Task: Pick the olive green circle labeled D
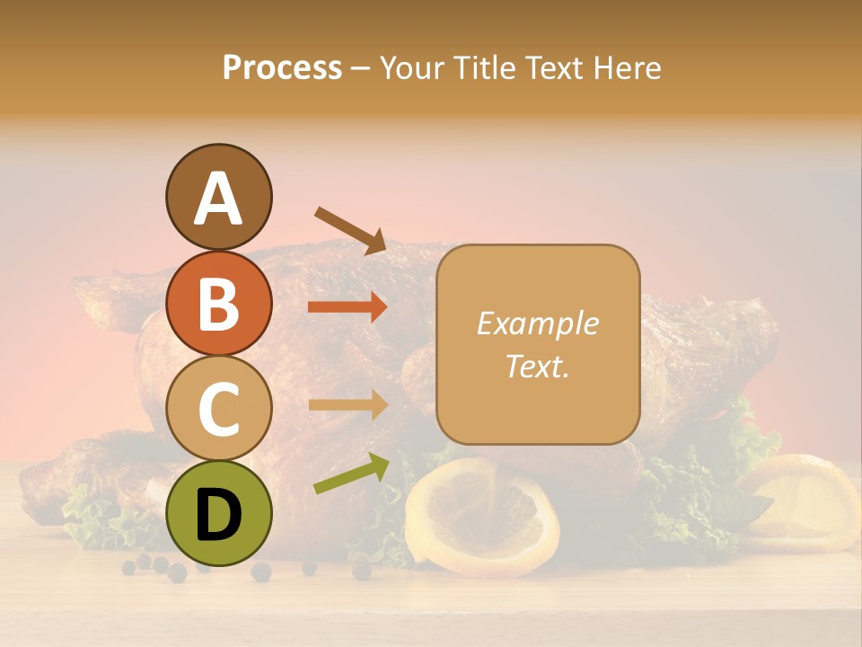[x=218, y=514]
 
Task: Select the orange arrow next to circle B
[x=347, y=307]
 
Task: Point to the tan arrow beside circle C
[x=347, y=405]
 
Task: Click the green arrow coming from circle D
[x=351, y=474]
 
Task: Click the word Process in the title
[x=282, y=67]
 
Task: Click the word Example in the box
[x=537, y=323]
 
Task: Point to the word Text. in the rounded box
[x=537, y=366]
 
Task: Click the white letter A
[x=218, y=199]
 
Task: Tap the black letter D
[x=218, y=514]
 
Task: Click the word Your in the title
[x=415, y=67]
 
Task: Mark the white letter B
[x=218, y=304]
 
